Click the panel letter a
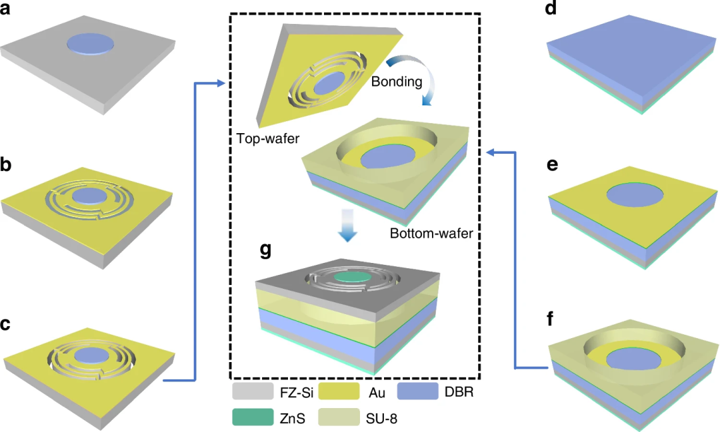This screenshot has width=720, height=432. pos(5,8)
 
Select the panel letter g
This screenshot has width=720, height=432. pos(265,250)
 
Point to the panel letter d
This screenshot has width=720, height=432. pos(551,8)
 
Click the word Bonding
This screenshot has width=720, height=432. pos(397,82)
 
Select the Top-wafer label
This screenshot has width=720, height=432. pos(268,138)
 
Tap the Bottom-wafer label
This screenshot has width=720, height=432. pos(431,234)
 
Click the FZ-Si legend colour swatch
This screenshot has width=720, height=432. pos(253,391)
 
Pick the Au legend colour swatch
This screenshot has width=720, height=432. pos(339,391)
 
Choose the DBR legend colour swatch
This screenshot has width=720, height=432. pos(417,391)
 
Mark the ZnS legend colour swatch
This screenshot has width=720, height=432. pos(253,417)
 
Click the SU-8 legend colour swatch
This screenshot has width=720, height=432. pos(339,417)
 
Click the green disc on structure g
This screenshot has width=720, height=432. pos(353,276)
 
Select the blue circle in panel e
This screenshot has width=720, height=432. pos(635,196)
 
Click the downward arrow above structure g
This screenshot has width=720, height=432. pos(347,225)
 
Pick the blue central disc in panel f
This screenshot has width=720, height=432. pos(634,359)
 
